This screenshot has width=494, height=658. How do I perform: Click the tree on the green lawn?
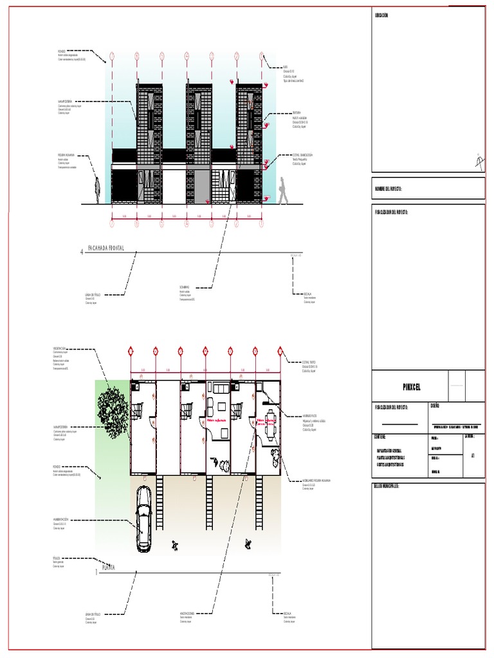point(113,404)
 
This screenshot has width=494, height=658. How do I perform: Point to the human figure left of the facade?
point(97,190)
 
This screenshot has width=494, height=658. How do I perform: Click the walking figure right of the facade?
point(283,191)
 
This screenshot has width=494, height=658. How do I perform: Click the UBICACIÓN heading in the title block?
point(381,14)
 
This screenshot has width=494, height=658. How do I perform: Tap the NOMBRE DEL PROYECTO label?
point(389,189)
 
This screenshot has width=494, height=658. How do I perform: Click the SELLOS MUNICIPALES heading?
point(387,486)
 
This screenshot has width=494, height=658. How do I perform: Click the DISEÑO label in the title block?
point(435,407)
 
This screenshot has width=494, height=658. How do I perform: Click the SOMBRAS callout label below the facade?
point(185,287)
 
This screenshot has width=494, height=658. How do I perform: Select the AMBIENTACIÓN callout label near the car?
point(60,519)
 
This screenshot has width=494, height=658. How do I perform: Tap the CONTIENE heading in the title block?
point(380,436)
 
